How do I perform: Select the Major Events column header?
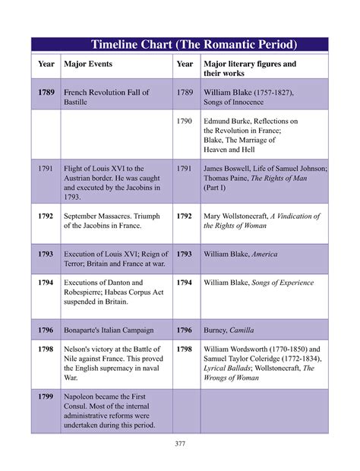[x=88, y=64]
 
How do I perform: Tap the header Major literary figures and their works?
[x=250, y=68]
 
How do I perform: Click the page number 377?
[x=180, y=444]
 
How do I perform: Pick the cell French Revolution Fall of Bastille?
[x=106, y=96]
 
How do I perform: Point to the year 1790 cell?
[x=185, y=121]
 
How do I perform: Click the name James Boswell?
[x=229, y=168]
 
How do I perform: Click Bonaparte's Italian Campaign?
[x=109, y=330]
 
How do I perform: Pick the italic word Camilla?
[x=240, y=330]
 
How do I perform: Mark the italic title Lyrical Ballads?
[x=232, y=368]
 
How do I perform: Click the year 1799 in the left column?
[x=46, y=397]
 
